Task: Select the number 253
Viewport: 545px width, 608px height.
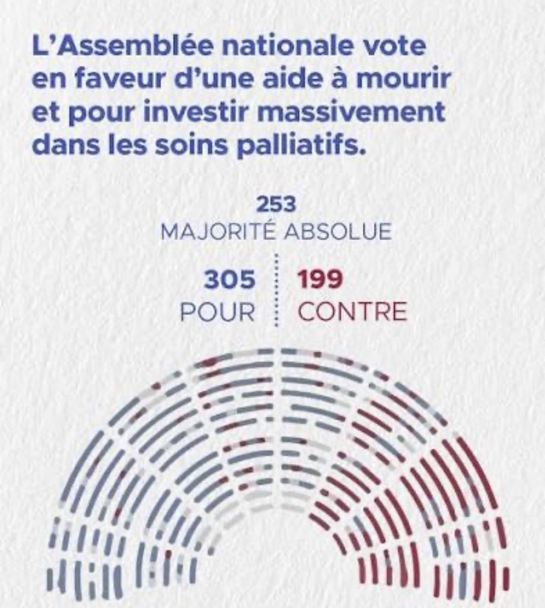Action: click(x=276, y=205)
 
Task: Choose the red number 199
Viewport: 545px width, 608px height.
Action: click(x=321, y=280)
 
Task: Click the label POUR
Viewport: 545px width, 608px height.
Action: click(x=218, y=312)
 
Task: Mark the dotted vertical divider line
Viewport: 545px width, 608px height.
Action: click(x=276, y=289)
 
